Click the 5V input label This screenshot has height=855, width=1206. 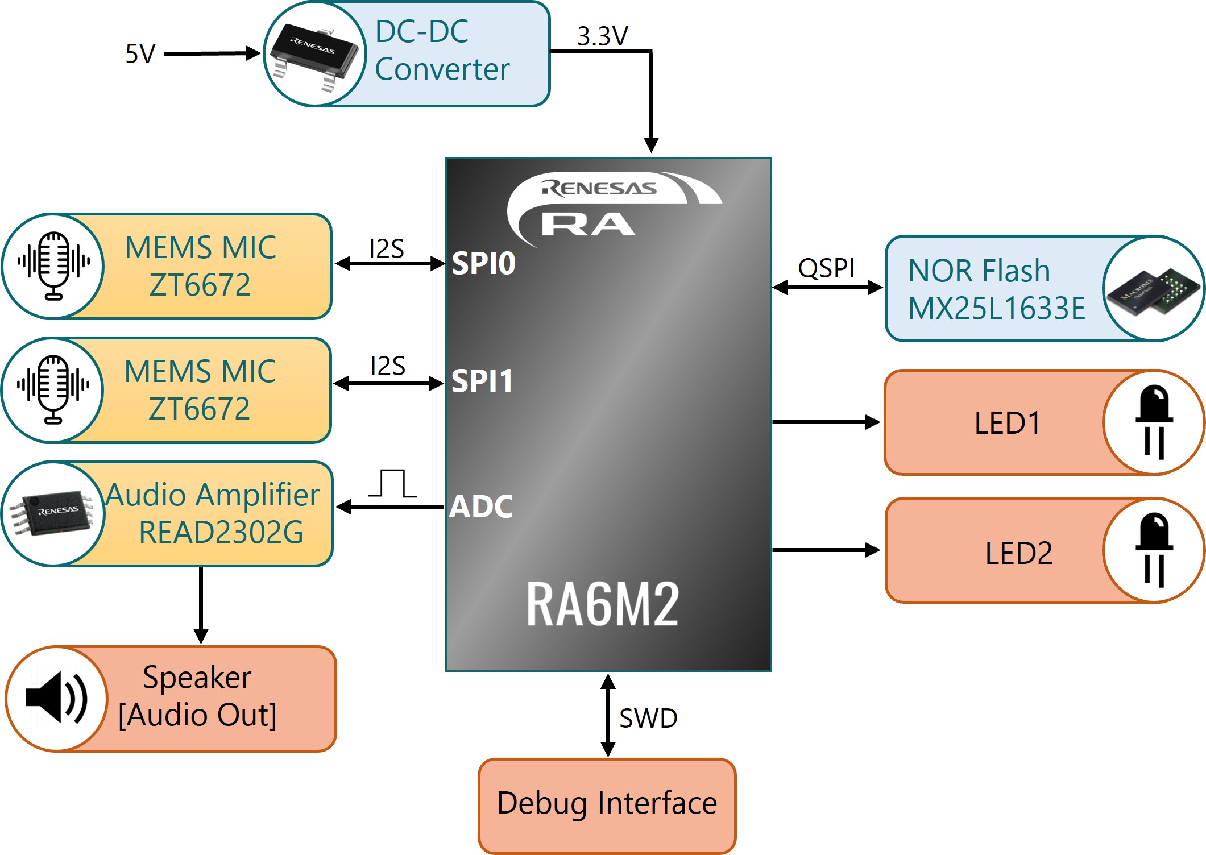coord(140,54)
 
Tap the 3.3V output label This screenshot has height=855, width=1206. coord(602,36)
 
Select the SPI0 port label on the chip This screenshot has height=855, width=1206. coord(483,263)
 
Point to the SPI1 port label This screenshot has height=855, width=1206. coord(482,381)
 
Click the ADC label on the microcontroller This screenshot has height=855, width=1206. coord(481,507)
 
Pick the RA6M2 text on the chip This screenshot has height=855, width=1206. coord(602,604)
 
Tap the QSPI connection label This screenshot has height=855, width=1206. coord(826,268)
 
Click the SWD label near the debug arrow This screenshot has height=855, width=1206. coord(648,718)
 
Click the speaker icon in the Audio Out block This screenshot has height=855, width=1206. coord(56,698)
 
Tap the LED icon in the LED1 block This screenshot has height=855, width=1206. coord(1154,422)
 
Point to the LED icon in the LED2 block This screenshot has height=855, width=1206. coord(1154,550)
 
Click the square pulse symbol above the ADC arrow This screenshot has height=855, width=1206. coord(392,483)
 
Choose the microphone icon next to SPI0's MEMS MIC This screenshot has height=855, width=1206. coord(53,265)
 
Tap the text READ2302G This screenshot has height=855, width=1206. coord(221,532)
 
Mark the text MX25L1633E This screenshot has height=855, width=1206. coord(996,309)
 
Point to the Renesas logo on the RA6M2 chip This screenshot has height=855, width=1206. coord(599,188)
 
